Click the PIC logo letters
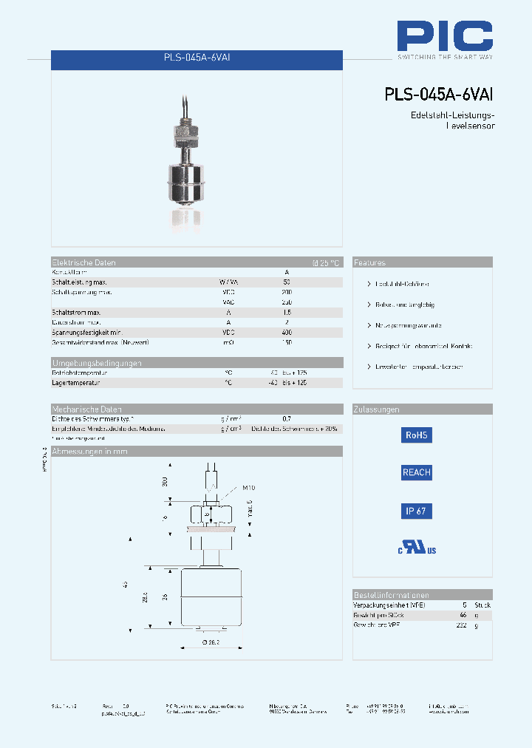pos(444,35)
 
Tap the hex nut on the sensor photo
pos(186,134)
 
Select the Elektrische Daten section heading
pos(83,262)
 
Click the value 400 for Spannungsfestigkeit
pos(287,333)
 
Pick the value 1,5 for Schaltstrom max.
pos(287,313)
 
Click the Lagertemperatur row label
pos(75,383)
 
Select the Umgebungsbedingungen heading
pos(97,363)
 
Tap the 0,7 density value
pos(287,419)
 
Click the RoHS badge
pos(416,435)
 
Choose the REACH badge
pos(416,472)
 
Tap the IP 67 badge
pos(416,511)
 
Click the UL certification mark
pos(417,548)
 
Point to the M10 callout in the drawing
pos(249,488)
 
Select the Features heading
pos(369,262)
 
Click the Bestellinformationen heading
pos(391,595)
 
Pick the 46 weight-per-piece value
pos(463,615)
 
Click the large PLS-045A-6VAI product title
pos(438,95)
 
